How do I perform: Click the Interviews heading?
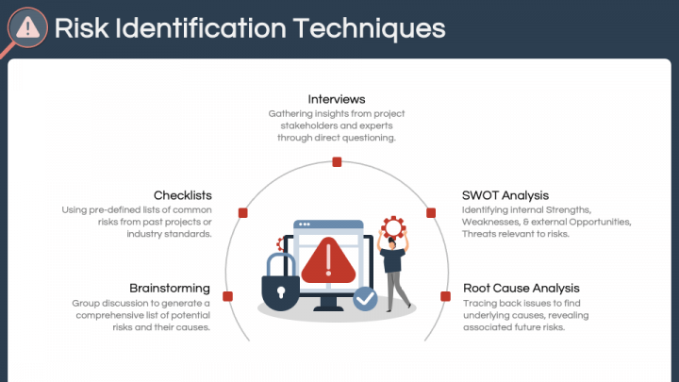[337, 99]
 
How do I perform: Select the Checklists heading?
[183, 195]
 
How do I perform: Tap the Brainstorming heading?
[170, 288]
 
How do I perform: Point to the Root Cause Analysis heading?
[522, 288]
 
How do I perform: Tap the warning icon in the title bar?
[28, 27]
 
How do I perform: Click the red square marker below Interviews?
[337, 162]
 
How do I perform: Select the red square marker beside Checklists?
[242, 213]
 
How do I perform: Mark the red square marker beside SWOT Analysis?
[431, 213]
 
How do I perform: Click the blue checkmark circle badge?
[365, 299]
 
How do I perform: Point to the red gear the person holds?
[392, 226]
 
